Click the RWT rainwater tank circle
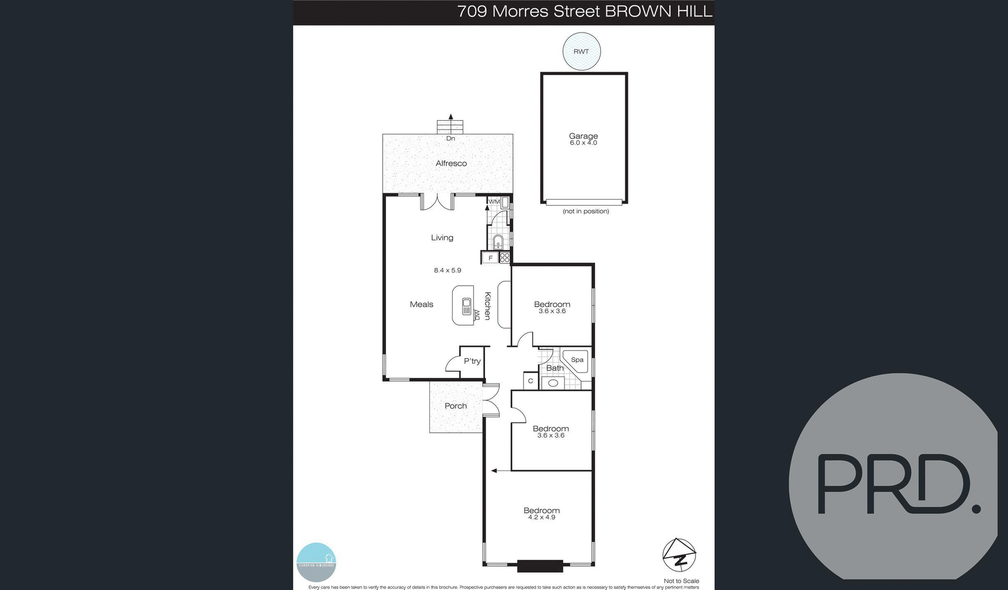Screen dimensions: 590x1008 click(581, 51)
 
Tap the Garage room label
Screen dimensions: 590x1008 click(583, 136)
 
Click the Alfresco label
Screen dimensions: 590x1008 click(451, 163)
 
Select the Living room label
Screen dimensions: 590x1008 click(442, 238)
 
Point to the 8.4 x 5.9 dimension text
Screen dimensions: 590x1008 click(447, 270)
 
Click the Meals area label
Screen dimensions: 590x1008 click(422, 304)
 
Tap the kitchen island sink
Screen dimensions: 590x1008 click(466, 306)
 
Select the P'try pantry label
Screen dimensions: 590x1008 click(472, 361)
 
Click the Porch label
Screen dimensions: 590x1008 click(456, 406)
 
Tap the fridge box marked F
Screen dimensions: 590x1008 click(490, 258)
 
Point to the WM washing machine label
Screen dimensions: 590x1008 click(494, 202)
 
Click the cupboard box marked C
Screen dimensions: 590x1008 click(530, 381)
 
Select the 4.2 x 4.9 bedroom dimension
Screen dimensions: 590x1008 click(541, 518)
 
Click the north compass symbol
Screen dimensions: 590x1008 click(679, 555)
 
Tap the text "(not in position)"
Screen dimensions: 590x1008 click(586, 211)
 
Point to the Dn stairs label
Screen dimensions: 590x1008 click(450, 139)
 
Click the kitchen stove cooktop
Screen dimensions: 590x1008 click(505, 258)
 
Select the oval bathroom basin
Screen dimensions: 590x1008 click(553, 383)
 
